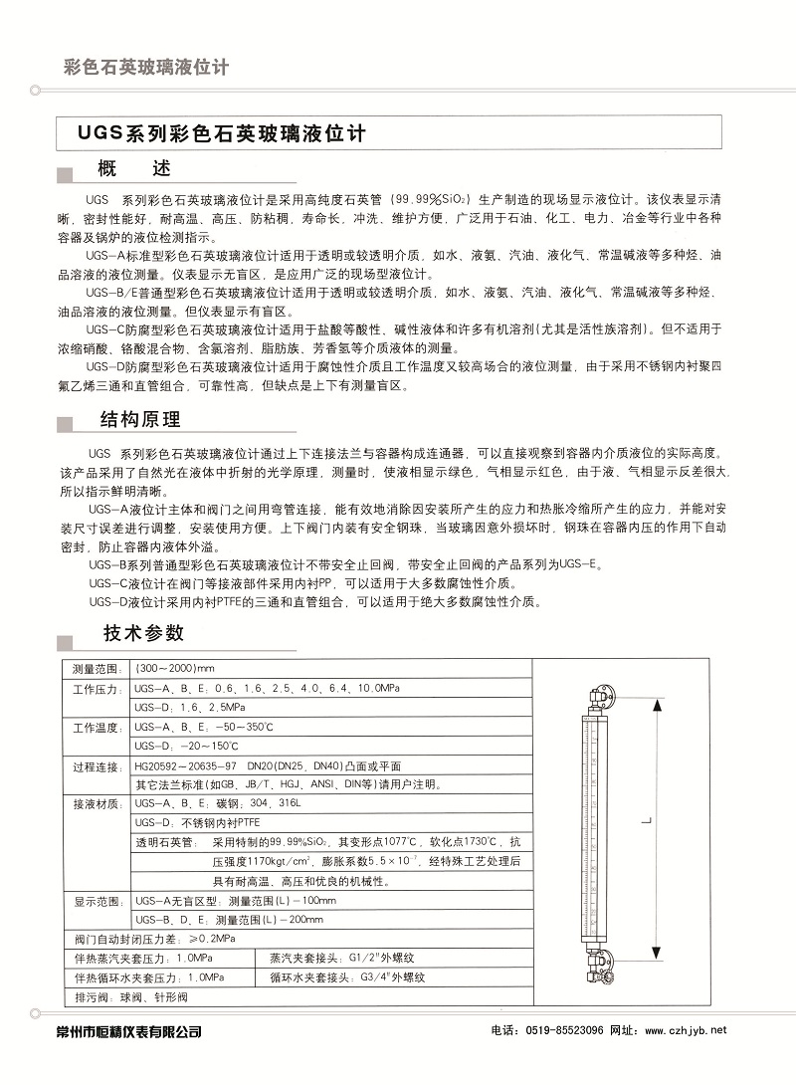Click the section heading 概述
(x=134, y=169)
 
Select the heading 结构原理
(x=141, y=418)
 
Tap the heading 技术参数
(x=143, y=633)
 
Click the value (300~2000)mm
(x=174, y=667)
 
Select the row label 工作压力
(x=97, y=688)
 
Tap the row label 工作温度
(x=97, y=728)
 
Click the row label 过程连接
(x=97, y=766)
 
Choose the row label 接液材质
(x=97, y=803)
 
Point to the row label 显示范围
(x=97, y=901)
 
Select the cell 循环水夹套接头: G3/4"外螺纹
(x=348, y=976)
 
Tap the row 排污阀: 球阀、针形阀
(x=131, y=996)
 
